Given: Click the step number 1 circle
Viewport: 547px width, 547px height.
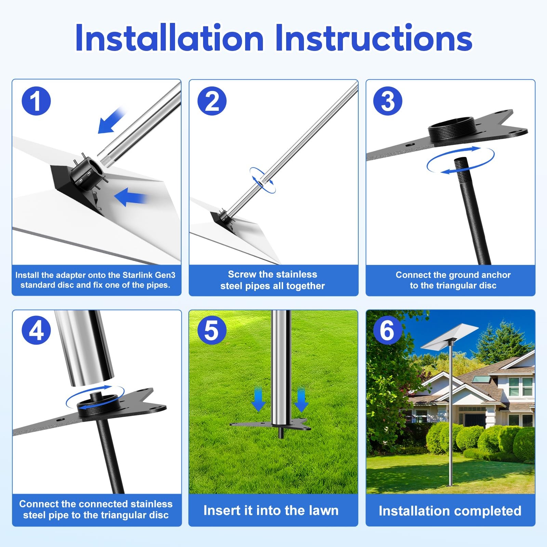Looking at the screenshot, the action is [x=36, y=101].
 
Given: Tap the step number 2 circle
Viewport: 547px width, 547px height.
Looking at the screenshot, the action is [x=212, y=101].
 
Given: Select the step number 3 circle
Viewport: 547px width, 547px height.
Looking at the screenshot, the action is [x=388, y=101].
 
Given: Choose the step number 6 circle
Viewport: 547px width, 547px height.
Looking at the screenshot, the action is [x=388, y=330].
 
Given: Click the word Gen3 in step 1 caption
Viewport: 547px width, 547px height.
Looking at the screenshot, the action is [x=165, y=275].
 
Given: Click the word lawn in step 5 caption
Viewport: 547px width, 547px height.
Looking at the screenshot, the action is [x=323, y=510].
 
